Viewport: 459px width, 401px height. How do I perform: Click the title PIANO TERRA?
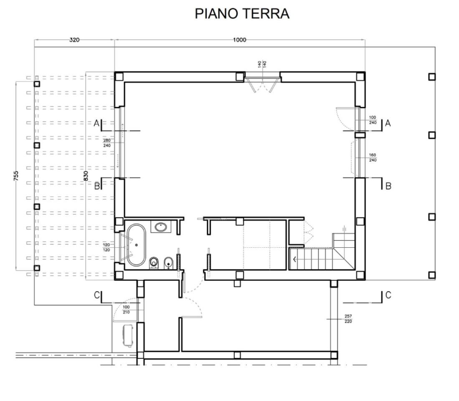(x=242, y=13)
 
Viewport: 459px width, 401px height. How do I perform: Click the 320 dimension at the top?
(x=74, y=40)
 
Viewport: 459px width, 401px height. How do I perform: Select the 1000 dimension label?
(x=240, y=40)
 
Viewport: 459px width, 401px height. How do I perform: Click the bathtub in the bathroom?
(x=136, y=245)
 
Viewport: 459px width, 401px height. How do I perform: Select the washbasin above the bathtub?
(x=161, y=227)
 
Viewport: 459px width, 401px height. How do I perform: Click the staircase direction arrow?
(x=296, y=259)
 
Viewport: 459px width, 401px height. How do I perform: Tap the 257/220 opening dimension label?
(x=348, y=319)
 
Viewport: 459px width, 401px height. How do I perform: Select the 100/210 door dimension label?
(x=126, y=310)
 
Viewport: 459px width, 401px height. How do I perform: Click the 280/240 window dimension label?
(x=107, y=143)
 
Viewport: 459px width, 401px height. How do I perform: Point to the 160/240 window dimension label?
(x=373, y=157)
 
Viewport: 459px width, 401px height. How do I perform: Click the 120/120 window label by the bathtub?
(x=106, y=247)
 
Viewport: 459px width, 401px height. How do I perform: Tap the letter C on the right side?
(x=388, y=295)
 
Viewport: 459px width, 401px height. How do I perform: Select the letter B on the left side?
(x=97, y=186)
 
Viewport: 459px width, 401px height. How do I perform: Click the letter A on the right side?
(x=388, y=123)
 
